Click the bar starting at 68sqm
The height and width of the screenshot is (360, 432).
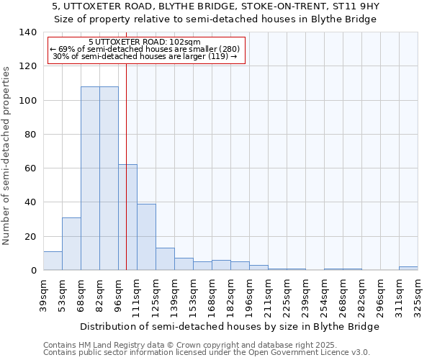(x=90, y=179)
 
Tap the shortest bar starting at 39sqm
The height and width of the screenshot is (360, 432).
(x=53, y=261)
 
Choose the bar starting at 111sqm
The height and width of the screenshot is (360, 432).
(x=146, y=237)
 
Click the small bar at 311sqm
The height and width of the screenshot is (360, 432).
(x=408, y=269)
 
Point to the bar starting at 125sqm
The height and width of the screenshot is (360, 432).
(x=165, y=259)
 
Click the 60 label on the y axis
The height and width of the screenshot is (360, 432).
(x=30, y=168)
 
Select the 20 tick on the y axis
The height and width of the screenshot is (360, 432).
(x=30, y=236)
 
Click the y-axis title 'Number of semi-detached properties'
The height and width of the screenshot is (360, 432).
(x=7, y=156)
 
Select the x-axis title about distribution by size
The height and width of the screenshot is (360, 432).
(x=230, y=326)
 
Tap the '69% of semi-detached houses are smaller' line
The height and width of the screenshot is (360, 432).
(x=145, y=49)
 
